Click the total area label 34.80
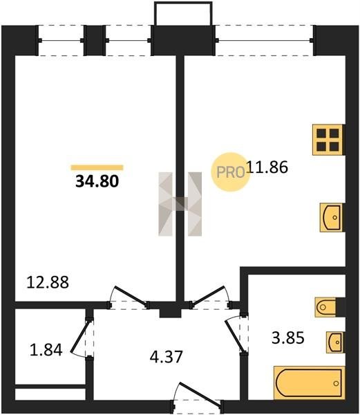tap(97, 181)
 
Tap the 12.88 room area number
tap(48, 282)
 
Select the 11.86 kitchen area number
tap(267, 167)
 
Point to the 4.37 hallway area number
tap(167, 357)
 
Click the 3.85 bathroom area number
tap(288, 338)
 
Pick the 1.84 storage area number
tap(46, 350)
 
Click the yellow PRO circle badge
tap(230, 172)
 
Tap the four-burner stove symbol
tap(328, 140)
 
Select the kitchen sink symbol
tap(331, 218)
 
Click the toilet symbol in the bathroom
tap(326, 307)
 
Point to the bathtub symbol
tap(310, 382)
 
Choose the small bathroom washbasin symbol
tap(335, 342)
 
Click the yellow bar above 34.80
tap(97, 167)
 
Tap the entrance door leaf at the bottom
tap(200, 394)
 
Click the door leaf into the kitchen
tap(208, 295)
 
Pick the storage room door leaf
tap(81, 336)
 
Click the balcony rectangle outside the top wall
tap(183, 14)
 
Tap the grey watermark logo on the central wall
tap(180, 204)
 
